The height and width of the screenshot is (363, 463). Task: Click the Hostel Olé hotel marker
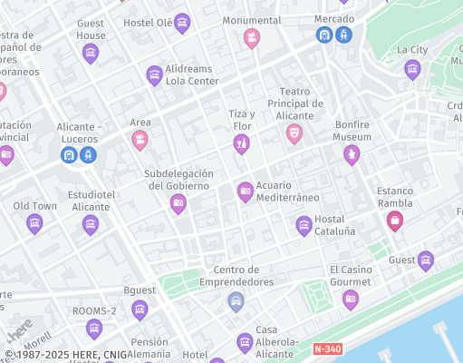[x=182, y=24]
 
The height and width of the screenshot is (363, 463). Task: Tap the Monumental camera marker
[x=252, y=38]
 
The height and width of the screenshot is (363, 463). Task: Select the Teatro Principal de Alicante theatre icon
[x=294, y=133]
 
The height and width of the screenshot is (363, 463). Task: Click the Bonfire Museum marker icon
[x=352, y=155]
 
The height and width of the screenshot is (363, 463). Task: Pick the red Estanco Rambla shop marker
[x=394, y=220]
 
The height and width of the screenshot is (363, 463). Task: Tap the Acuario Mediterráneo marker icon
[x=245, y=191]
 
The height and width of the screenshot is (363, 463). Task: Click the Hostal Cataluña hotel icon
[x=304, y=224]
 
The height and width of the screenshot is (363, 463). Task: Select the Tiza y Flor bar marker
[x=241, y=143]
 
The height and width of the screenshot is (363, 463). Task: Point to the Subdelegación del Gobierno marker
[x=178, y=203]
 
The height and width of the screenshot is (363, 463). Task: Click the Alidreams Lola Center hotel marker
[x=154, y=74]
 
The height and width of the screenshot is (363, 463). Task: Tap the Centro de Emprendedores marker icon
[x=236, y=301]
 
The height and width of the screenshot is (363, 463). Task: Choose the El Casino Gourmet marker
[x=351, y=299]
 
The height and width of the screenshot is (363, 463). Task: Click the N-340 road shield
[x=328, y=348]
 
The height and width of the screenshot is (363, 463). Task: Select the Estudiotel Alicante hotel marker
[x=90, y=224]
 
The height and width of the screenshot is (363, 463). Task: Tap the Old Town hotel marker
[x=34, y=223]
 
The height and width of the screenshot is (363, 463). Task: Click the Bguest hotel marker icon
[x=140, y=309]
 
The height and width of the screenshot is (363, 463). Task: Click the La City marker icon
[x=412, y=69]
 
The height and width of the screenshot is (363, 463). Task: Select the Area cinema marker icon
[x=140, y=140]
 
